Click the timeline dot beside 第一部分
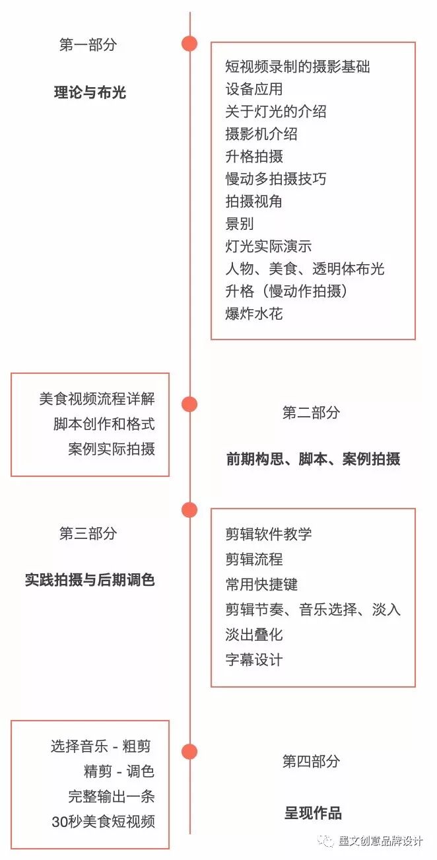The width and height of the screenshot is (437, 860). tap(189, 44)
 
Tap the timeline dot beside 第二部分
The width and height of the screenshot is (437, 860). tap(189, 404)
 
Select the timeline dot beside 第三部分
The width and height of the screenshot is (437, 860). tap(189, 510)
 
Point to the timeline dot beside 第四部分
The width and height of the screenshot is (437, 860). tap(189, 752)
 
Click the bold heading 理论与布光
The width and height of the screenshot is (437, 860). tap(90, 92)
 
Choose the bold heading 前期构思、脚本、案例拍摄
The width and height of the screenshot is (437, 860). tap(313, 459)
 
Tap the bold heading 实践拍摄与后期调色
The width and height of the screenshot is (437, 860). tap(90, 581)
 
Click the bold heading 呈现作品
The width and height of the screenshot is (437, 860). tap(313, 813)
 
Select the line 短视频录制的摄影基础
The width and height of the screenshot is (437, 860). tap(297, 66)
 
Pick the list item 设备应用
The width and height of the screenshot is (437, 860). tap(253, 89)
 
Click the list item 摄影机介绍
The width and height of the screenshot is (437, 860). tap(261, 133)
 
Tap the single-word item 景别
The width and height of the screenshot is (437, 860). tap(239, 223)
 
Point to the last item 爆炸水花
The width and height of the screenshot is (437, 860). tap(253, 313)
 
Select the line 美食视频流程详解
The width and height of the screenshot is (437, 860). tap(97, 399)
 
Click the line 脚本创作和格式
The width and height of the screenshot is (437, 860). tap(104, 424)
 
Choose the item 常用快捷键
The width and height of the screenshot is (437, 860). tap(261, 584)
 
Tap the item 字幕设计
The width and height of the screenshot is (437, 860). tap(253, 659)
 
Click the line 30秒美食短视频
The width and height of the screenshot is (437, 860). tap(103, 822)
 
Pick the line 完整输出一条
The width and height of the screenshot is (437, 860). tap(111, 797)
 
